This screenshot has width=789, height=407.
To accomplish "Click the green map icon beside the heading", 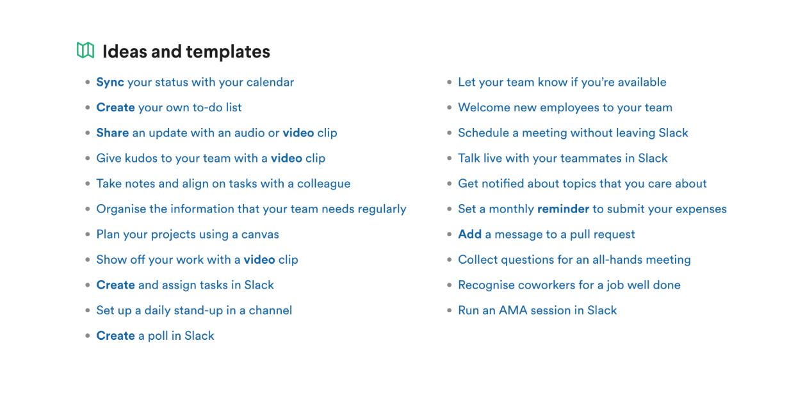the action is (85, 51).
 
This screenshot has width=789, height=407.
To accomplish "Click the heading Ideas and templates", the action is (186, 51).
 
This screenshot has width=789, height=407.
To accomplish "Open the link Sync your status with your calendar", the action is (195, 83).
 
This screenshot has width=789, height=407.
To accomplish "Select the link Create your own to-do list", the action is (169, 108).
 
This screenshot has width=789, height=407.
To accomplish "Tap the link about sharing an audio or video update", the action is (216, 133).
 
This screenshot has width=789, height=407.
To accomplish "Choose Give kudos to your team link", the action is (211, 159).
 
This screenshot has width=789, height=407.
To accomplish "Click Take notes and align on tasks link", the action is (224, 184).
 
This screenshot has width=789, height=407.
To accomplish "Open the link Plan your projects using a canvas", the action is (188, 234).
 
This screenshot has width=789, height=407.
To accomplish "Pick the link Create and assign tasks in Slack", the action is (185, 285).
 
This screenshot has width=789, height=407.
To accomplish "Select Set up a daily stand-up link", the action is (194, 310).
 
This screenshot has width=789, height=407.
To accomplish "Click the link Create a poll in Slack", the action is (156, 336).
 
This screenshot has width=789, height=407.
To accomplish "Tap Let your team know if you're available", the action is (562, 83).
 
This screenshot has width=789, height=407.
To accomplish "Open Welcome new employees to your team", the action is (565, 108).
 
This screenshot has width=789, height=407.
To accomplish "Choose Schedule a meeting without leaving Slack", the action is (573, 133).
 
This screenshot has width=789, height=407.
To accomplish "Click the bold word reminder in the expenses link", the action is (563, 209).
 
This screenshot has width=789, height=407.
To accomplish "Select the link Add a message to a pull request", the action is (547, 234).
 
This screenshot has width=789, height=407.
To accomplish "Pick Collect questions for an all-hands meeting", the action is (574, 260).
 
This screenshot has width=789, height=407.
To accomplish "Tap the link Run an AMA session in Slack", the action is (537, 310).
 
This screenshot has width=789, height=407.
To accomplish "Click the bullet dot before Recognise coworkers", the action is (449, 285).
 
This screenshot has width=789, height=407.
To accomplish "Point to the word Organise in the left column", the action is (121, 209).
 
